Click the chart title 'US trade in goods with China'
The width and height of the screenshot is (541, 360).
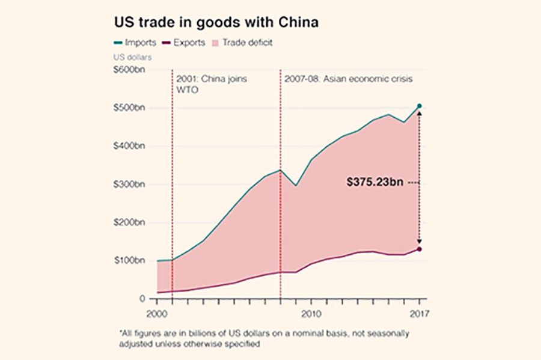click(x=216, y=23)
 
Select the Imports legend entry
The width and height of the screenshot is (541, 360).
click(x=135, y=43)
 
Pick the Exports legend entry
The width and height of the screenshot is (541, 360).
click(x=183, y=43)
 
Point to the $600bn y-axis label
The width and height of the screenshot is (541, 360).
click(x=129, y=70)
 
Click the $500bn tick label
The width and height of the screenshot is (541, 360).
click(x=129, y=108)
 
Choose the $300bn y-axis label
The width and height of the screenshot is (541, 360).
click(x=129, y=185)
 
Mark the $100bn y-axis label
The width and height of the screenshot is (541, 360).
click(x=129, y=261)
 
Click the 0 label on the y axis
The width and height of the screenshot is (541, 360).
click(x=142, y=299)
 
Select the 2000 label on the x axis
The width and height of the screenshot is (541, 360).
click(x=157, y=313)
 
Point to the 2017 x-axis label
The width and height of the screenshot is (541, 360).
click(x=419, y=313)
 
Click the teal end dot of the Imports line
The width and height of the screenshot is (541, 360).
click(x=420, y=106)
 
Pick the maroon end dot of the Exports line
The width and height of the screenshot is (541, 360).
click(x=420, y=249)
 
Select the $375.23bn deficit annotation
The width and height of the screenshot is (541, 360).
click(x=374, y=182)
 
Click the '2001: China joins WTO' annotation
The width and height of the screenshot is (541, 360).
click(x=212, y=84)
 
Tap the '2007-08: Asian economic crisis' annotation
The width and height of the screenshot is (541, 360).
click(x=349, y=79)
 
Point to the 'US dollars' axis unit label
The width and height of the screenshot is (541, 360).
click(x=133, y=58)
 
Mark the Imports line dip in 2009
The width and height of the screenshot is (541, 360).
click(x=296, y=186)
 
